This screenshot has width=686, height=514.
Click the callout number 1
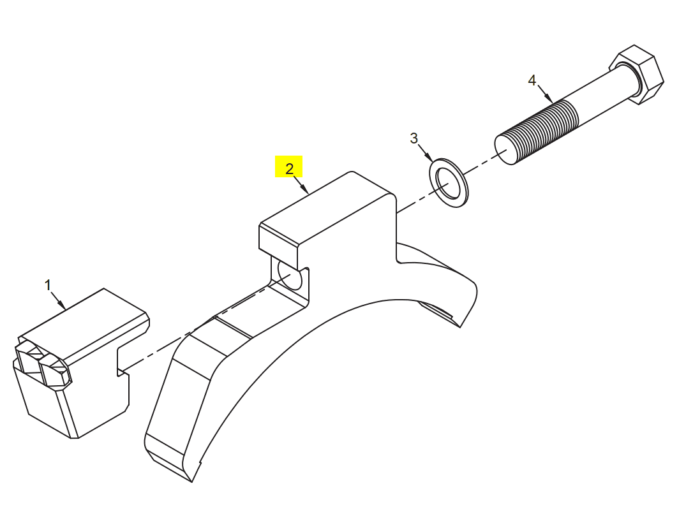click(48, 286)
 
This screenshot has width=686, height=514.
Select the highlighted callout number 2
click(289, 169)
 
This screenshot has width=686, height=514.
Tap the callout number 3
click(414, 138)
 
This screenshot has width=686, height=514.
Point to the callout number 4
click(532, 80)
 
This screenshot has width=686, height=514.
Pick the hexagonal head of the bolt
click(637, 75)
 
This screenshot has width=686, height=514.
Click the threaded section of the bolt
click(542, 130)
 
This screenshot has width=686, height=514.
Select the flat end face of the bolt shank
click(504, 151)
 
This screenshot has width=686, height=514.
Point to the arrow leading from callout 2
click(301, 185)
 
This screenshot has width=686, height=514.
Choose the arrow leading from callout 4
click(545, 94)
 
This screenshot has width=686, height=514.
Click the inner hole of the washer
click(448, 182)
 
